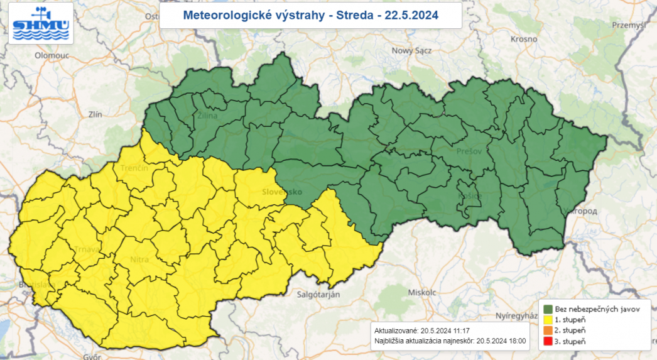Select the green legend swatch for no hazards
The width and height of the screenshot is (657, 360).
click(x=548, y=309)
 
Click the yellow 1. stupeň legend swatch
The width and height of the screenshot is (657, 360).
click(x=548, y=320)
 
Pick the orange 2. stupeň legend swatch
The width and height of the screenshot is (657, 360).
click(x=548, y=330)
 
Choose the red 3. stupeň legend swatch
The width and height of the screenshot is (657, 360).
click(x=548, y=341)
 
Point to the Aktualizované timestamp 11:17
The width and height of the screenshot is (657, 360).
click(x=460, y=330)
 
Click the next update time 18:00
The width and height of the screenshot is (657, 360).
click(x=517, y=342)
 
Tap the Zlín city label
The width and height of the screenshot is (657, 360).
click(x=95, y=114)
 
